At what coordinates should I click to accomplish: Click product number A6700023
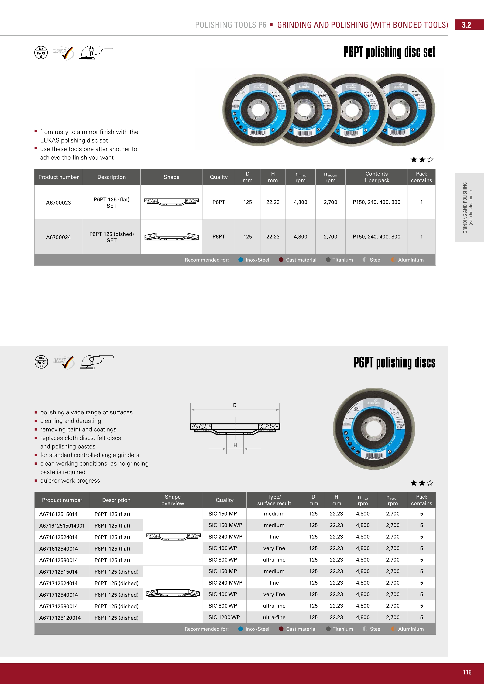coord(58,203)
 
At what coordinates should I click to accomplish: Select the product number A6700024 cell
coord(58,237)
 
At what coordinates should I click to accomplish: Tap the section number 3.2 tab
coord(466,25)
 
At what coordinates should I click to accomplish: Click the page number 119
coord(467,672)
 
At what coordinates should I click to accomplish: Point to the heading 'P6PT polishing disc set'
coord(389,52)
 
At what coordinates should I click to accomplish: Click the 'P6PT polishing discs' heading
coord(394,362)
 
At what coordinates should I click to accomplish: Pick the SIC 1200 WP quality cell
coord(224,617)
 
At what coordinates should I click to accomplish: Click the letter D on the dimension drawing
coord(235,405)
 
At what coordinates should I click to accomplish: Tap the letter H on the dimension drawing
coord(235,445)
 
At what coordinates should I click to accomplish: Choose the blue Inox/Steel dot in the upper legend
coord(241,260)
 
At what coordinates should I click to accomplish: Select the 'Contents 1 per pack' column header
coord(376,177)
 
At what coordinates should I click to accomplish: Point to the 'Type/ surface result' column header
coord(274,500)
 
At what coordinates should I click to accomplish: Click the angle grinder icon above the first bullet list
coord(96,53)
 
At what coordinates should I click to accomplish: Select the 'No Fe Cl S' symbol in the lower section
coord(41,362)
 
